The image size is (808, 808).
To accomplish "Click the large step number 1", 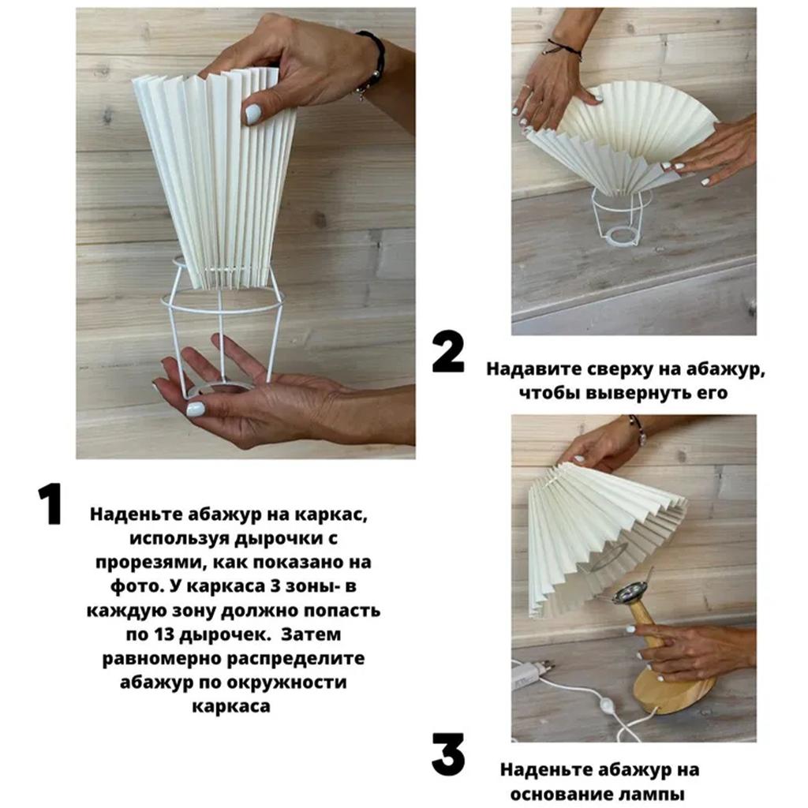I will click(50, 506).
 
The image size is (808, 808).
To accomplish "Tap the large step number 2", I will click(448, 353).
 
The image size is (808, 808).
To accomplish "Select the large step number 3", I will click(447, 755).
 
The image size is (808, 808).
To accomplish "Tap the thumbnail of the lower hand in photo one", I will click(195, 409).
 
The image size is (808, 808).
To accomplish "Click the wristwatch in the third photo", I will click(637, 431).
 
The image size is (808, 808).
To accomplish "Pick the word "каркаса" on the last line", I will click(231, 705).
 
